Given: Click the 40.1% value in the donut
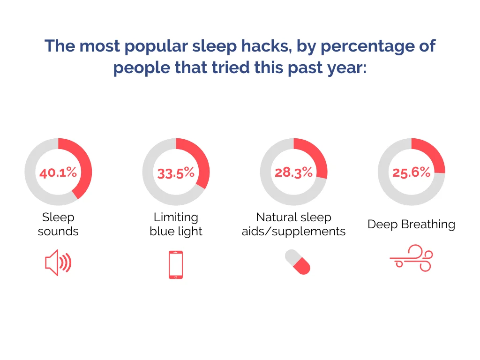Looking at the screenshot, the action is (x=58, y=172).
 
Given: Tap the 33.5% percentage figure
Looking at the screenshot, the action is (x=176, y=173).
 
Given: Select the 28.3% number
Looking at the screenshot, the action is (x=293, y=172).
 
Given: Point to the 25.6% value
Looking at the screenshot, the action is (x=412, y=172).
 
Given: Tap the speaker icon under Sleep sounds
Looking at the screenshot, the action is (x=58, y=262).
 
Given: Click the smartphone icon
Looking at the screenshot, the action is (x=176, y=265).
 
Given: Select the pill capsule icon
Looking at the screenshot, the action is (x=297, y=262).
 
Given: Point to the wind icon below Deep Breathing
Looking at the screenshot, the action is (x=411, y=258).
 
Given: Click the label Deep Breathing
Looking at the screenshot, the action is (x=412, y=225).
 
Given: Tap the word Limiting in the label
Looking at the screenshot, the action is (x=176, y=217).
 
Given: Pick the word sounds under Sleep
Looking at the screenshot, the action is (x=58, y=232).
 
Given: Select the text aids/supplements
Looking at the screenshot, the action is (x=293, y=232).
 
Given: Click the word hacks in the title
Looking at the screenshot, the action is (x=266, y=46).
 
